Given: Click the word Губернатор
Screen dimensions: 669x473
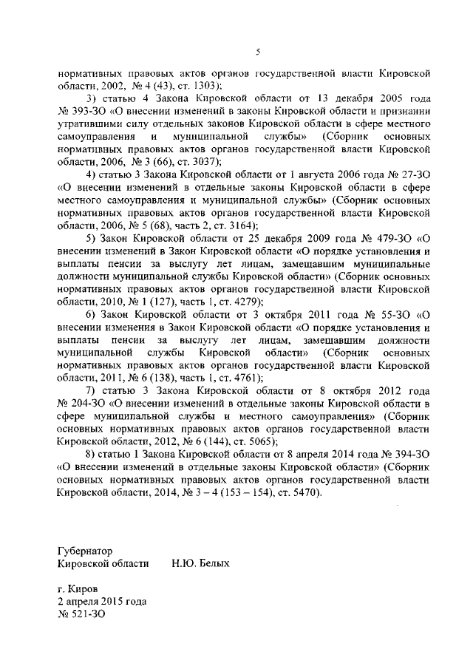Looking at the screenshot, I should click(x=87, y=551).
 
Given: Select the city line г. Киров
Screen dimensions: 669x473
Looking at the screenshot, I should click(x=80, y=589).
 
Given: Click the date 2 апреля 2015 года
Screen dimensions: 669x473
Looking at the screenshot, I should click(x=102, y=602).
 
